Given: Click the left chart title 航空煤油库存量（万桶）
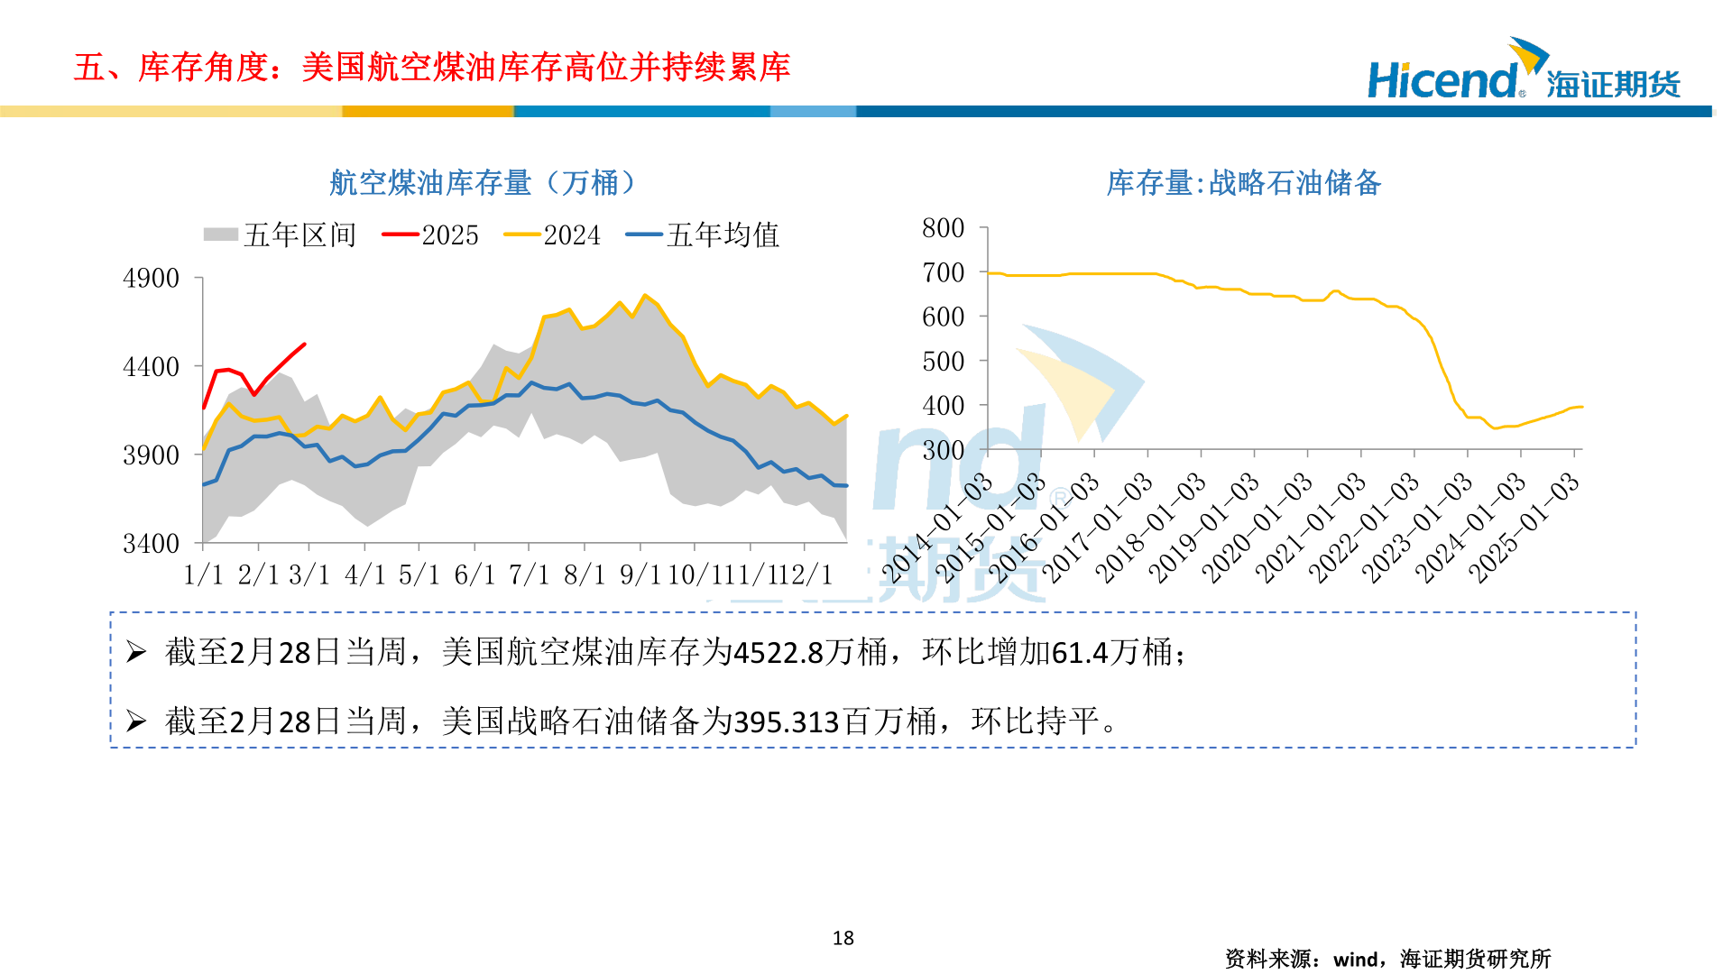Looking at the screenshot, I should [x=483, y=183].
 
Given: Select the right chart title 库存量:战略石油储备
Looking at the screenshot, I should [x=1243, y=183].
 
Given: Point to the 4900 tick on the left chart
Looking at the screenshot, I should [x=151, y=278].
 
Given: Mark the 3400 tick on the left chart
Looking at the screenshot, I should [x=151, y=544].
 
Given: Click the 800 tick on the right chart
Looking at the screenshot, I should [x=943, y=228].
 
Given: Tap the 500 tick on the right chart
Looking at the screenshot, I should [x=943, y=362].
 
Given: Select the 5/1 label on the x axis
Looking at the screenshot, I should [x=419, y=574].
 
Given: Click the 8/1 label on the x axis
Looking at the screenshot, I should [x=584, y=574].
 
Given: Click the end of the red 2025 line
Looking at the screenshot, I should [x=304, y=344].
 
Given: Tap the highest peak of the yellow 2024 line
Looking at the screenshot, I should [x=644, y=295].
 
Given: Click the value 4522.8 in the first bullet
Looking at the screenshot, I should [x=778, y=652].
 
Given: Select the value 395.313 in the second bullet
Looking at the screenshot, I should [x=787, y=722].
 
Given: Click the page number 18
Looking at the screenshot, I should [x=843, y=938].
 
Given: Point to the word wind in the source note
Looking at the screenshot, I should [x=1356, y=960].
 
